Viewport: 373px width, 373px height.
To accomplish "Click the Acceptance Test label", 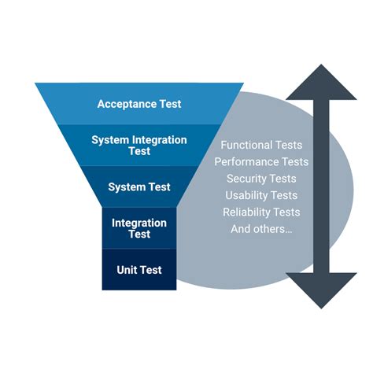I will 139,104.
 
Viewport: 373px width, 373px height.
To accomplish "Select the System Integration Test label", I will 139,146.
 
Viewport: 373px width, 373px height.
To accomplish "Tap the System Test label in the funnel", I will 139,186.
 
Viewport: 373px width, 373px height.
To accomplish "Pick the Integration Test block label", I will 139,228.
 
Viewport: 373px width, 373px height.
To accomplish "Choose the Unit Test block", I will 139,270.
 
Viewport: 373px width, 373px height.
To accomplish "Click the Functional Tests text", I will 261,145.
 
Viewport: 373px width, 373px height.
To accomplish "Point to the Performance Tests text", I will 261,162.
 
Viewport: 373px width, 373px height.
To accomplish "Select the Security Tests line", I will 261,179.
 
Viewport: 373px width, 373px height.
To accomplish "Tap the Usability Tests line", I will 261,195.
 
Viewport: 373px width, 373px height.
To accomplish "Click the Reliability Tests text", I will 261,212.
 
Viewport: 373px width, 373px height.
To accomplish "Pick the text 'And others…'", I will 261,229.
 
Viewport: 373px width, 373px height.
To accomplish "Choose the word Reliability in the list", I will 248,212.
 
